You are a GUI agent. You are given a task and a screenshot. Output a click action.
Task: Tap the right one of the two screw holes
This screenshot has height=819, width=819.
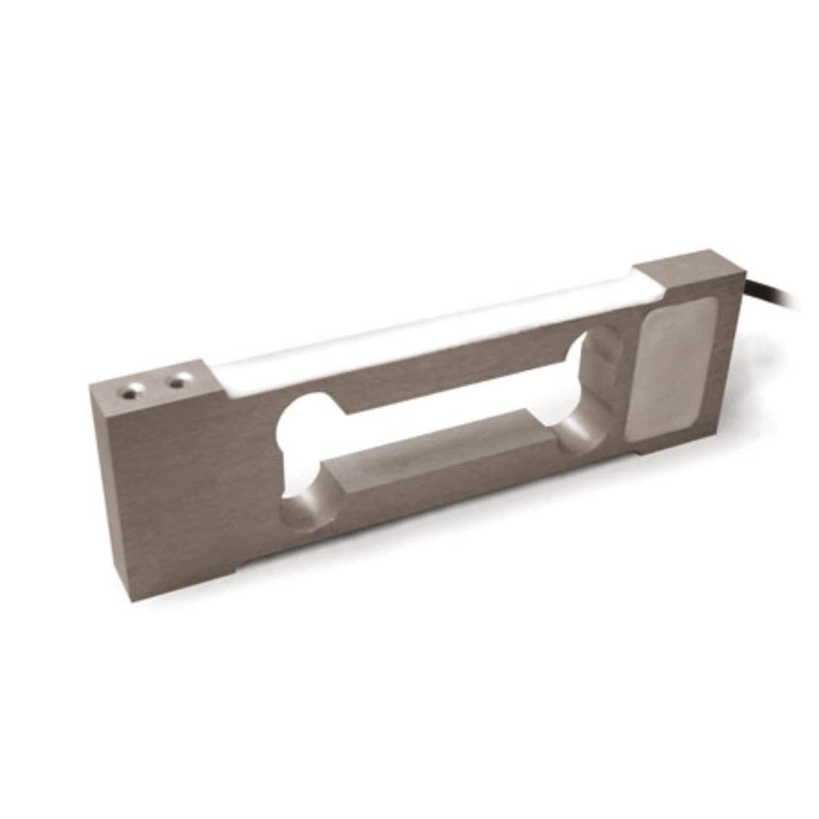[176, 380]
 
